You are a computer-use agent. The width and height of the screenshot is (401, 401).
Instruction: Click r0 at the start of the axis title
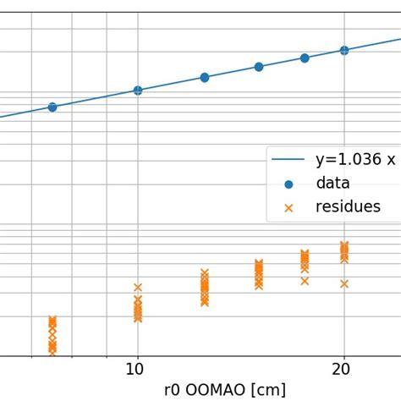(x=173, y=390)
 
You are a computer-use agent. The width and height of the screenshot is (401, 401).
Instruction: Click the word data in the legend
(x=332, y=183)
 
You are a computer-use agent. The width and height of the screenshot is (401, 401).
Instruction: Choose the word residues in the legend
(x=348, y=206)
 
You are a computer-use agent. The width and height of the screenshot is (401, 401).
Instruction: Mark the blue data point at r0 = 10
(x=138, y=90)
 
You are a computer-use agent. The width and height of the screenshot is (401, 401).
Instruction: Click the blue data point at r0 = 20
(x=344, y=50)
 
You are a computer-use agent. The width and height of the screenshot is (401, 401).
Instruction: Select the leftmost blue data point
(x=52, y=107)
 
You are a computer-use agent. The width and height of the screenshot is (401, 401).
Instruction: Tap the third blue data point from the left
(x=205, y=77)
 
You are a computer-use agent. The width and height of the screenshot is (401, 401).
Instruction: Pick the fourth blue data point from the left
(x=259, y=67)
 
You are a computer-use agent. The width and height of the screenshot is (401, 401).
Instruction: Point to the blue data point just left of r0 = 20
(x=305, y=58)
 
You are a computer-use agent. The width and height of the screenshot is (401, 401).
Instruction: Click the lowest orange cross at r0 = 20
(x=344, y=283)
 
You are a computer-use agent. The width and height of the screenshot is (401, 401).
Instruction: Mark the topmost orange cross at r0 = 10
(x=138, y=288)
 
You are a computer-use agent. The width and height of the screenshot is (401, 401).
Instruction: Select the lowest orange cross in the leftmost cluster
(x=52, y=348)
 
